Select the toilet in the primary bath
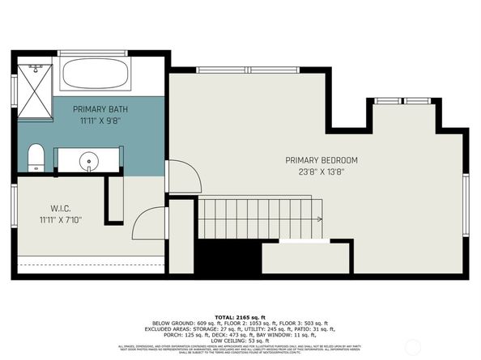coord(36,157)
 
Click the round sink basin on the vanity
coord(88,160)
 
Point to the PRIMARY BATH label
coord(100,108)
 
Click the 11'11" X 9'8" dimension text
coord(100,121)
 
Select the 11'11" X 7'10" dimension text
coord(60,218)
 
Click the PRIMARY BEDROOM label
coord(321,160)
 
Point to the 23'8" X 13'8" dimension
coord(321,172)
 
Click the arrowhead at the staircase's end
coord(320,218)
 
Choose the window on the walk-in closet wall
coord(14,207)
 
